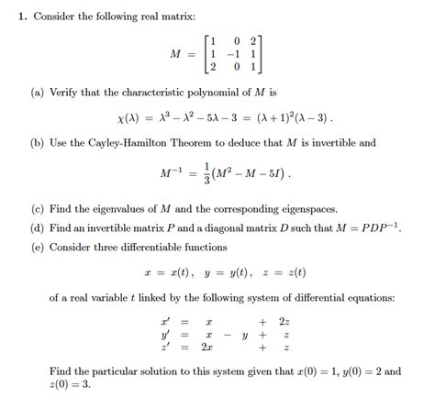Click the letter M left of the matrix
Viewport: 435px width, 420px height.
176,53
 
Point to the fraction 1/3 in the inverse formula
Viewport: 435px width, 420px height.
209,173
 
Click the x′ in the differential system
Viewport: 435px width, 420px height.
165,322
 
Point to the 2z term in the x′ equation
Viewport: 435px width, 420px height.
284,322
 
